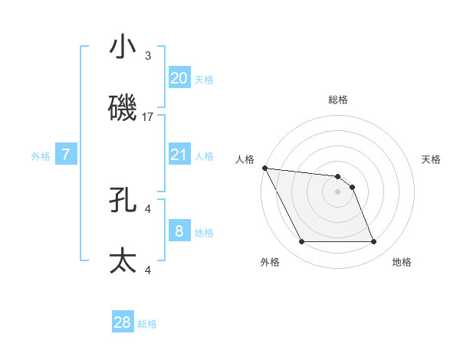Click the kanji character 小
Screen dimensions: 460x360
[123, 48]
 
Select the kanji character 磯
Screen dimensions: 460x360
[123, 108]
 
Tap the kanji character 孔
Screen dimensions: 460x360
[123, 201]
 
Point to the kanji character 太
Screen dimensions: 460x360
[123, 260]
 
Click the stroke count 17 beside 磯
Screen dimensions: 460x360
[148, 117]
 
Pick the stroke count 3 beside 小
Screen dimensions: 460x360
[148, 56]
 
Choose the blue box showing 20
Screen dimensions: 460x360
[179, 78]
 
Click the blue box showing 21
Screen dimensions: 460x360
[179, 155]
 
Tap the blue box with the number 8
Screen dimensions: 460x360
[179, 231]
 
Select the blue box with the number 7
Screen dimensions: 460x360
[66, 155]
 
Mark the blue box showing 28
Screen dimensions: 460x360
[123, 322]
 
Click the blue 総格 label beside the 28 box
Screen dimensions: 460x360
[147, 324]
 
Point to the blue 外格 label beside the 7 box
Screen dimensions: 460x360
[41, 156]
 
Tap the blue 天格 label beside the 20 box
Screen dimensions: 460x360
[204, 80]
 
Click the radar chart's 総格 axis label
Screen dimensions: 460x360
[338, 100]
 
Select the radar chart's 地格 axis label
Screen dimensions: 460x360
[402, 262]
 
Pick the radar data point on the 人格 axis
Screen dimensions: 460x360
[264, 168]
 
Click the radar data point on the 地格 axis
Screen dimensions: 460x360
[373, 242]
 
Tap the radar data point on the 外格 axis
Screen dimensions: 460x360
[301, 242]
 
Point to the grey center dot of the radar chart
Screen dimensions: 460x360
[338, 191]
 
